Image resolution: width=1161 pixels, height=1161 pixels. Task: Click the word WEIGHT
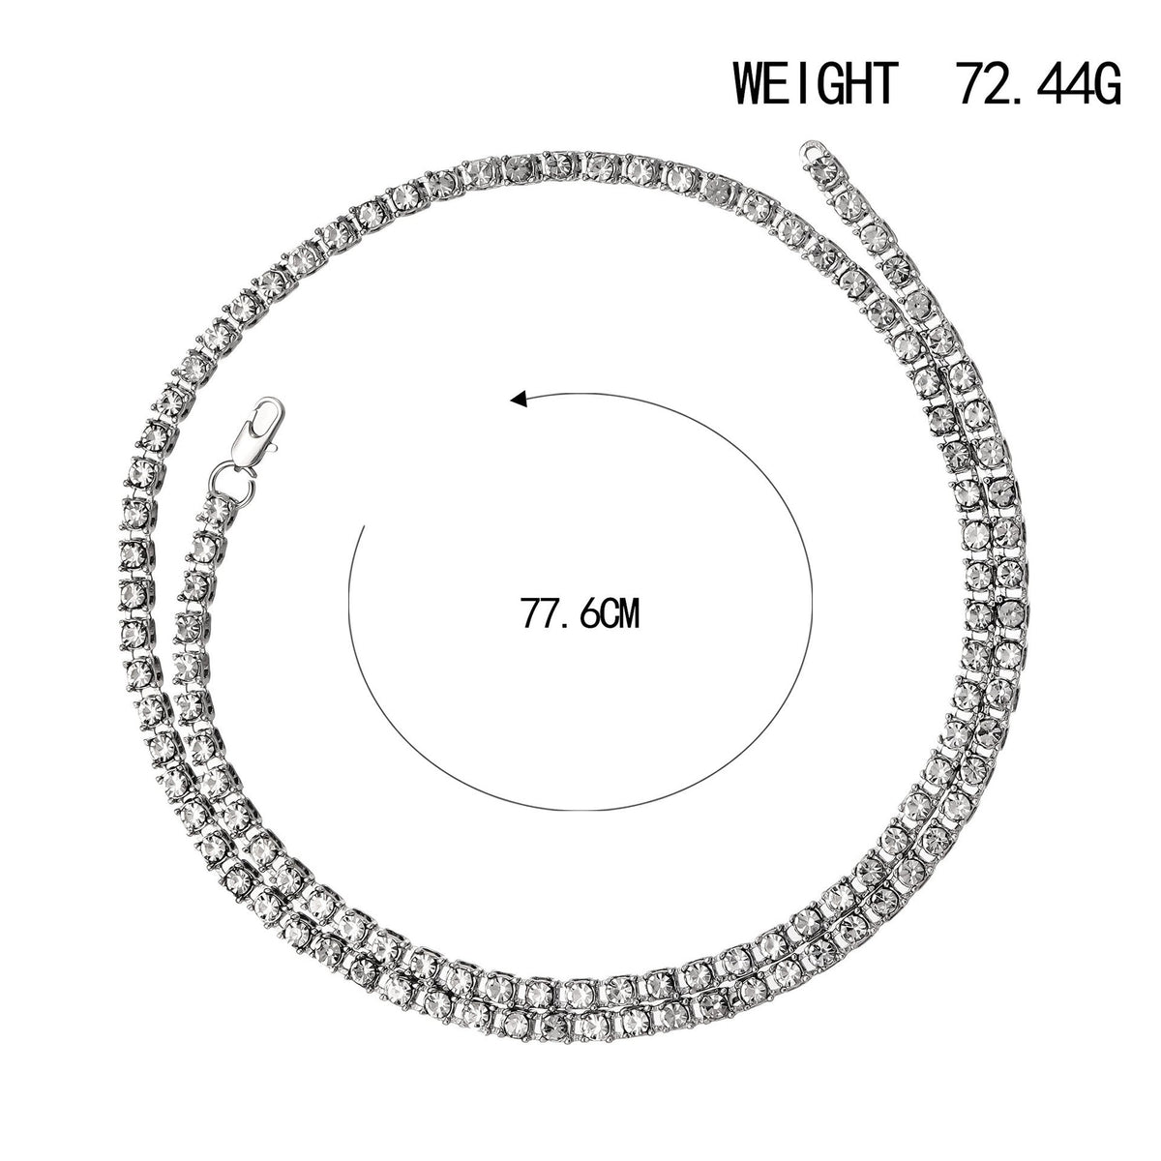point(816,84)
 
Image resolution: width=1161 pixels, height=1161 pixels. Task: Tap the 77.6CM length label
point(580,613)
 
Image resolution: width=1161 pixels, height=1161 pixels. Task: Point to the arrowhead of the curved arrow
point(519,399)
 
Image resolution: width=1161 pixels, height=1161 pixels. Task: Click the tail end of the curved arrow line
point(365,526)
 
